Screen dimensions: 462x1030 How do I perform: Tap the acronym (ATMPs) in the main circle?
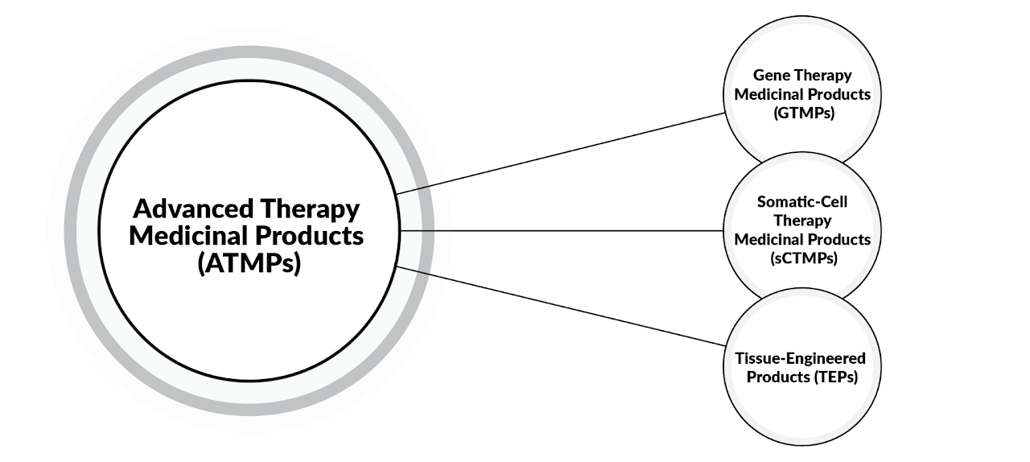(x=248, y=264)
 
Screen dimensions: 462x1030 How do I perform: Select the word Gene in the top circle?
(x=770, y=75)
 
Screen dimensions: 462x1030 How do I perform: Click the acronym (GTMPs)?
(x=801, y=113)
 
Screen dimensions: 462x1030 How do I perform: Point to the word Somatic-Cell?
(x=801, y=201)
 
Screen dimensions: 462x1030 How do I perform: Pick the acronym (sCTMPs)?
(x=801, y=258)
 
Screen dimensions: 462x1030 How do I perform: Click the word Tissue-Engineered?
(x=801, y=357)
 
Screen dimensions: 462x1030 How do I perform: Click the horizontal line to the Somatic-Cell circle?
(x=563, y=231)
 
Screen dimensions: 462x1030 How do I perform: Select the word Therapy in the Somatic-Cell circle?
(x=801, y=221)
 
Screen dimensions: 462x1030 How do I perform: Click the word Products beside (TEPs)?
(x=777, y=377)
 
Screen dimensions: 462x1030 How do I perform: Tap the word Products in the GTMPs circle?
(x=842, y=94)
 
